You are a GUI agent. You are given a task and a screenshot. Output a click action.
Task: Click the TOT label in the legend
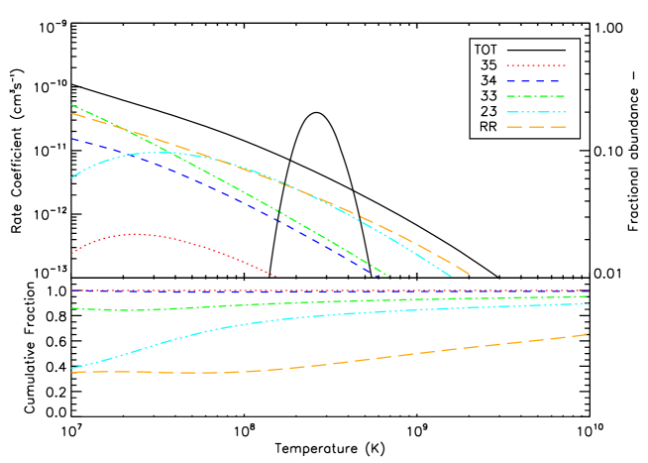[x=486, y=50]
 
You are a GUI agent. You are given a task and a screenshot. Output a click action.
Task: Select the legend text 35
[x=488, y=65]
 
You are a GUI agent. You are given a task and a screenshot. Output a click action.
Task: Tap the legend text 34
[x=488, y=80]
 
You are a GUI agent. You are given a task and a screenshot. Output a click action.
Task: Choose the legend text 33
[x=488, y=96]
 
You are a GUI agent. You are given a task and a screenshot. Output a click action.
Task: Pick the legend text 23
[x=488, y=112]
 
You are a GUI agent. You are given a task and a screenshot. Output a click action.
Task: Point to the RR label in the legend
[x=487, y=127]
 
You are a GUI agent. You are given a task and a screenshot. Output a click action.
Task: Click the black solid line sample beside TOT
[x=536, y=50]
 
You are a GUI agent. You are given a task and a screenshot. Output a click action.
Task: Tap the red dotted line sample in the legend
[x=536, y=65]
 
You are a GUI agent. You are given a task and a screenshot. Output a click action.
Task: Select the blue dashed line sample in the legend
[x=536, y=80]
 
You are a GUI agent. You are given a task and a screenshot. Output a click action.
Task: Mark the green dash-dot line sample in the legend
[x=536, y=96]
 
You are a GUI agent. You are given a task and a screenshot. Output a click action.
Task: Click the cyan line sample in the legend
[x=536, y=112]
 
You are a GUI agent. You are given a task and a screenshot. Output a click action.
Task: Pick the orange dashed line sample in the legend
[x=536, y=127]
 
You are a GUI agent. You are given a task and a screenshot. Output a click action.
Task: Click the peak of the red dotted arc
[x=136, y=234]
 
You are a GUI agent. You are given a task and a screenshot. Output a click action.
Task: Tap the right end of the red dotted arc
[x=276, y=276]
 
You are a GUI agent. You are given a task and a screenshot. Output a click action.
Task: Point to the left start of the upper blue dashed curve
[x=72, y=139]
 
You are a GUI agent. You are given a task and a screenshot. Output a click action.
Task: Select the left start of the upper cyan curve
[x=72, y=177]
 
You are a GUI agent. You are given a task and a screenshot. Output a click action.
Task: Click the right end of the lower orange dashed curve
[x=588, y=334]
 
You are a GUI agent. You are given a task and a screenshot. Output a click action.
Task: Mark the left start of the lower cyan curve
[x=72, y=368]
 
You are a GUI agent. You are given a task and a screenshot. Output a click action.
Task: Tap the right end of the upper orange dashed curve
[x=469, y=275]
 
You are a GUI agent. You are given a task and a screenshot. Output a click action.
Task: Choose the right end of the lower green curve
[x=588, y=296]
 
